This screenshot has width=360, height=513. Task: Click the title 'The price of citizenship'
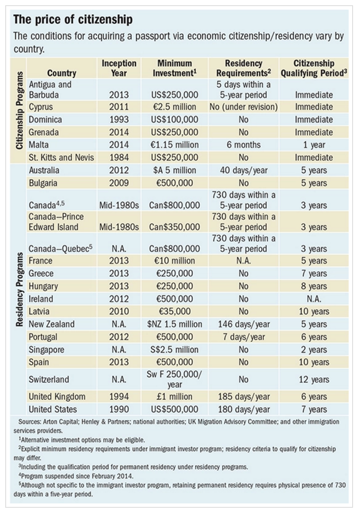click(73, 20)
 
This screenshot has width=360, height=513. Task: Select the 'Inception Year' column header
click(119, 68)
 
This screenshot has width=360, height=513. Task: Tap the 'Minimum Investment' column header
click(175, 68)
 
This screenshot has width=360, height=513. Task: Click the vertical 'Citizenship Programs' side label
click(20, 111)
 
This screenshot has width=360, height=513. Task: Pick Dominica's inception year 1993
click(119, 120)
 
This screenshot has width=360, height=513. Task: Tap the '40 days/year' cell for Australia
click(244, 170)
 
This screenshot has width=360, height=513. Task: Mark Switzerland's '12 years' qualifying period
click(314, 380)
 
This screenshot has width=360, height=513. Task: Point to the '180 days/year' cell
click(244, 409)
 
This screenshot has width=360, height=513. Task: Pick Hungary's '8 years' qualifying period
click(314, 286)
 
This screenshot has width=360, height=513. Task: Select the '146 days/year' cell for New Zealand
click(244, 324)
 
